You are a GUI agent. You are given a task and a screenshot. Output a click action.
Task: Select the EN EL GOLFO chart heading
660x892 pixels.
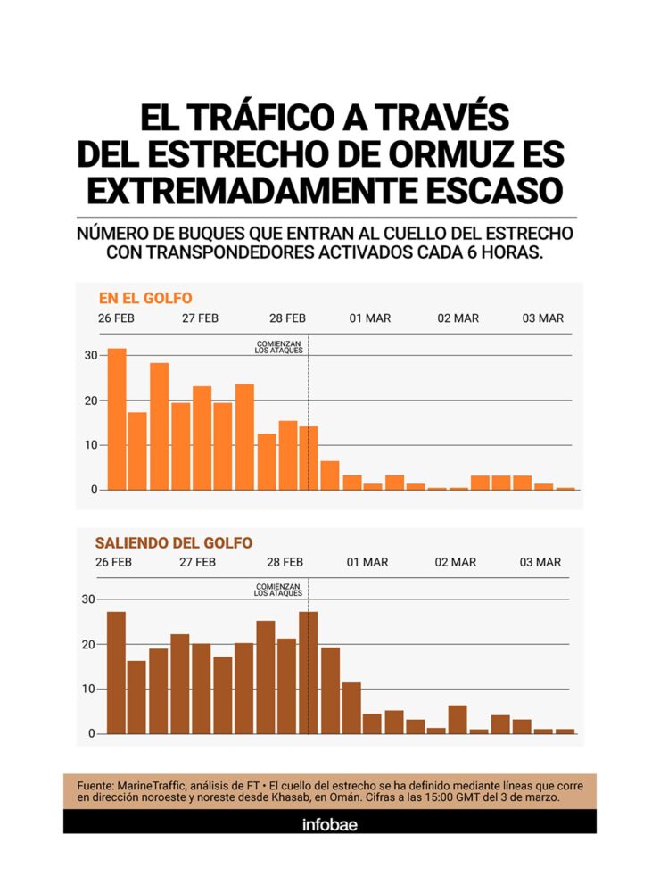click(x=145, y=298)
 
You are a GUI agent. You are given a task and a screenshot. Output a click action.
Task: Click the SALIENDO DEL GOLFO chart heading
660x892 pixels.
click(x=173, y=542)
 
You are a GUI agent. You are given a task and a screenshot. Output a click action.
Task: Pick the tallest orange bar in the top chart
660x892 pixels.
click(x=117, y=419)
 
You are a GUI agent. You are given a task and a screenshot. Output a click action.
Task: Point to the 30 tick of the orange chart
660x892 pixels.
click(x=90, y=356)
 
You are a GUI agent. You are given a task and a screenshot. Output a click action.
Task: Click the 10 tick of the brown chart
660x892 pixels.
click(x=87, y=690)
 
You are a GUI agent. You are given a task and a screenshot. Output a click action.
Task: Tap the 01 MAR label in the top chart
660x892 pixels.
click(x=369, y=318)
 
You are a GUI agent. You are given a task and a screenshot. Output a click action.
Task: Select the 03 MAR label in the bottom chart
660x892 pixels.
click(x=540, y=562)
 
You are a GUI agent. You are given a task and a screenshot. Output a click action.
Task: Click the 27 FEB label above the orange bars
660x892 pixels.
click(x=201, y=318)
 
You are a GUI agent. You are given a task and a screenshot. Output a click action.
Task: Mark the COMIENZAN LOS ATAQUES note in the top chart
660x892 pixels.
click(x=279, y=347)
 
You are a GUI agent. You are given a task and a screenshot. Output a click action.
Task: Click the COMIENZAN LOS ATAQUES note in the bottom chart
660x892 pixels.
click(x=278, y=590)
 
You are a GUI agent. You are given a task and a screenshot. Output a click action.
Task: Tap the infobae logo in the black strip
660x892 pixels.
click(x=330, y=823)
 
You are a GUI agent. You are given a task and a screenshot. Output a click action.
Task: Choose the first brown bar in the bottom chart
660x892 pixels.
click(x=116, y=673)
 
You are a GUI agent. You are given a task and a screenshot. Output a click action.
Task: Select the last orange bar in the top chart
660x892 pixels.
click(x=565, y=488)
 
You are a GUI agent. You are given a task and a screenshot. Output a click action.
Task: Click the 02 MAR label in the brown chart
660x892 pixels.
click(x=456, y=562)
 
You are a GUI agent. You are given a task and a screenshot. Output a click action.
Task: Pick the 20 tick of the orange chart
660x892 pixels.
click(x=90, y=401)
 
